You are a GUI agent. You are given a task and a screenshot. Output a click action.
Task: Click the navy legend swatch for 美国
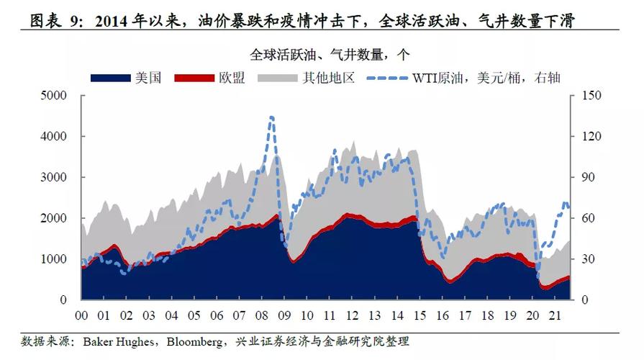[x=111, y=77]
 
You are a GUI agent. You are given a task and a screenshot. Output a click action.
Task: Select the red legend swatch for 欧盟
[x=195, y=77]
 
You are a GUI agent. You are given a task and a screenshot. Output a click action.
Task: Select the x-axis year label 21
[x=553, y=315]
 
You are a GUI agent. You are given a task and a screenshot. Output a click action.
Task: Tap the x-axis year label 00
[x=81, y=315]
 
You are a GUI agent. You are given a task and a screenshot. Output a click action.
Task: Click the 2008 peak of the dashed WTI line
[x=271, y=117]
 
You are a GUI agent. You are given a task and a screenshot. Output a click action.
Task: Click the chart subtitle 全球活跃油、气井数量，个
[x=330, y=54]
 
